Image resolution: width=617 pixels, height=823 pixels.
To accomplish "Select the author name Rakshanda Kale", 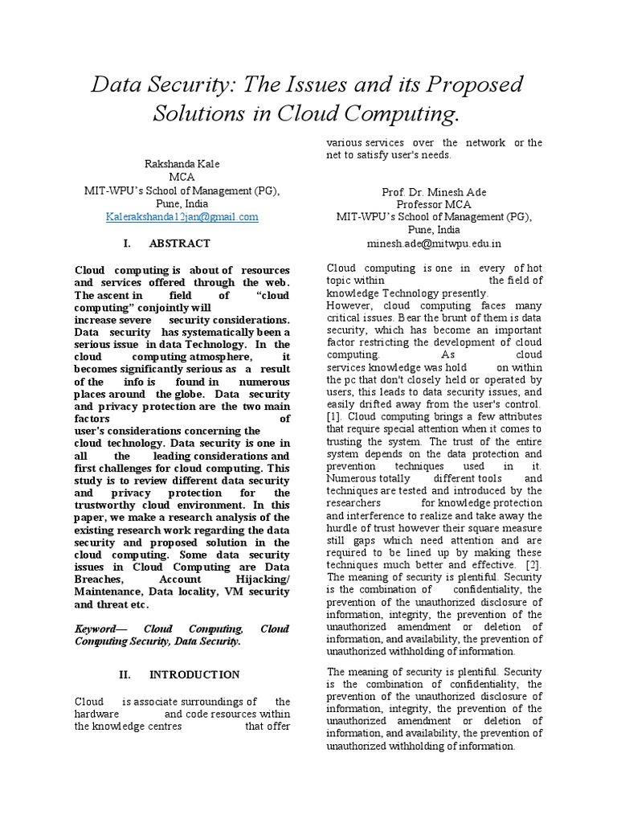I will [182, 164].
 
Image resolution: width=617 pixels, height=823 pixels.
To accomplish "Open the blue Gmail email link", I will [182, 216].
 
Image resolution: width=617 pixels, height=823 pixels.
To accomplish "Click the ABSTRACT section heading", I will [180, 243].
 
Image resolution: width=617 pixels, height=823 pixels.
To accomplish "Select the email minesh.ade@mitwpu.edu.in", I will [433, 243].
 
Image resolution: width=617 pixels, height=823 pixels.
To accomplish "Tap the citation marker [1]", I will [334, 417].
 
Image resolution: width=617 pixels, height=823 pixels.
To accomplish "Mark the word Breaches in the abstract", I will [100, 579].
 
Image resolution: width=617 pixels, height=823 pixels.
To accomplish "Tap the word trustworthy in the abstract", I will [109, 505].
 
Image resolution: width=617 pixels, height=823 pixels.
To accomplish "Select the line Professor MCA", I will [433, 204].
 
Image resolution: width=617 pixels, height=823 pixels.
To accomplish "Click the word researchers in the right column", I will [354, 503].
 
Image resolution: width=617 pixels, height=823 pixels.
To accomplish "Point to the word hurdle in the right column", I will [343, 528].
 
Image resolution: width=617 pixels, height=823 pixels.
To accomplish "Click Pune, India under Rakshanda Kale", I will [182, 203].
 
